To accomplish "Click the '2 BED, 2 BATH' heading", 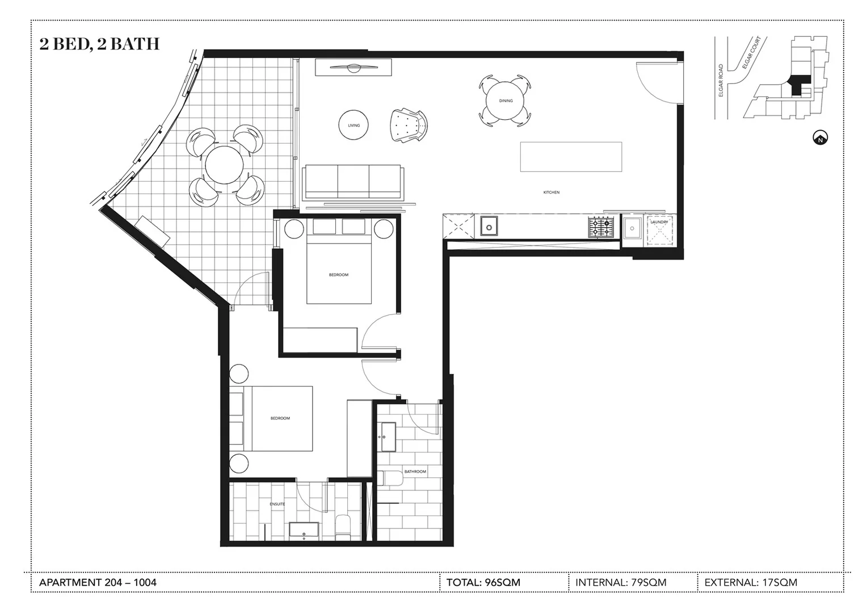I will coord(99,44).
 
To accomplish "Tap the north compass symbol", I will coord(820,138).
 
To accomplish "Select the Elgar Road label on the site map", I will coord(721,80).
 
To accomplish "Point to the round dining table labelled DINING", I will coord(506,101).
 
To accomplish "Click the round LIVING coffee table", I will coord(353,125).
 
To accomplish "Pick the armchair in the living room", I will coord(408,124).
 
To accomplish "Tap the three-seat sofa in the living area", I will coord(353,182).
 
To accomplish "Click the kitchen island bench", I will coord(571,157).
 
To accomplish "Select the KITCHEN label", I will coord(551,192).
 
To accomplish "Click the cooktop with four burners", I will coord(601,227).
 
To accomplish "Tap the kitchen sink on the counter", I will coord(489,226).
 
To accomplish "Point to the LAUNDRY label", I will coord(659,222).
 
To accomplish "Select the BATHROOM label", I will coord(415,472).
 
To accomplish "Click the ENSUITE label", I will coord(277,504).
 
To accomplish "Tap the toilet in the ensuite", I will coord(343,527).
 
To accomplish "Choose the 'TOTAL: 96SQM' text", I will coord(483,582).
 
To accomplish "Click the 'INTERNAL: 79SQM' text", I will coord(621,582).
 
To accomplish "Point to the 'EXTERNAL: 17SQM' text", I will coord(750,582).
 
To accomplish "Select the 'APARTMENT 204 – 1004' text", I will coord(98,582).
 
